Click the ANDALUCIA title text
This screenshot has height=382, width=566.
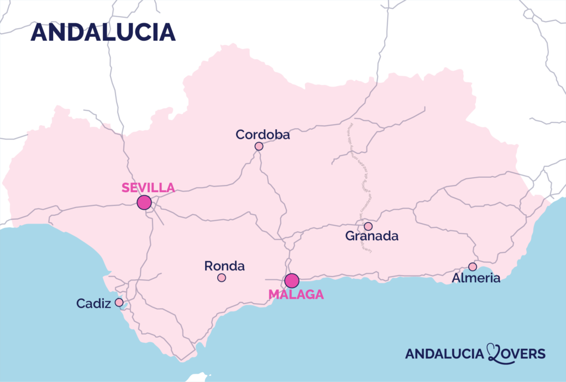tap(103, 32)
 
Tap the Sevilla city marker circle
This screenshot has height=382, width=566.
tap(144, 202)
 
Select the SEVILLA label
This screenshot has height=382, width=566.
tap(148, 187)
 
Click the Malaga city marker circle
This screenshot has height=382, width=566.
tap(292, 280)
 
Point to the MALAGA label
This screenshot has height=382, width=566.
tap(296, 295)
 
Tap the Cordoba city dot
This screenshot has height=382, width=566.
tap(259, 146)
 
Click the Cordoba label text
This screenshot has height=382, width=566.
tap(263, 134)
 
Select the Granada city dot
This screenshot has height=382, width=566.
tap(368, 226)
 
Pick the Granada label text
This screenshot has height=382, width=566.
tap(371, 236)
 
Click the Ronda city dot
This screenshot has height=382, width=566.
tap(222, 278)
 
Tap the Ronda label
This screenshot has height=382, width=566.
tap(224, 266)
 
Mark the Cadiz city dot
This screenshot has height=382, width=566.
tap(119, 303)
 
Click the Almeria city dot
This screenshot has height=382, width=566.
tap(473, 267)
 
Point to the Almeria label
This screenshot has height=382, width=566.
tap(476, 278)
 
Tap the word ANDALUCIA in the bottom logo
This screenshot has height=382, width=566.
tap(444, 354)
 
